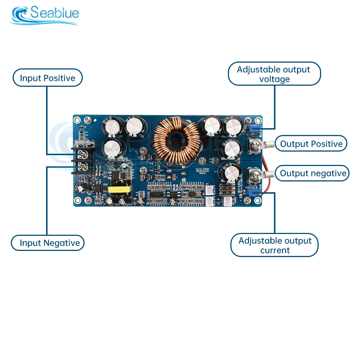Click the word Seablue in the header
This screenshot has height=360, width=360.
(x=55, y=13)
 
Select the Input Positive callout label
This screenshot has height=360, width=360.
(x=48, y=78)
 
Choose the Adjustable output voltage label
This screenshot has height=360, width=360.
(x=274, y=74)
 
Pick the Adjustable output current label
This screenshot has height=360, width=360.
(x=275, y=245)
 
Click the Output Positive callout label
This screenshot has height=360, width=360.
(x=311, y=144)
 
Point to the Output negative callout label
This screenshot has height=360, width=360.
(x=313, y=174)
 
